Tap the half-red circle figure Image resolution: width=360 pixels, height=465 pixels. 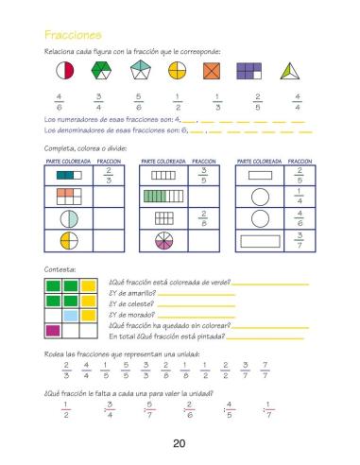coord(65,71)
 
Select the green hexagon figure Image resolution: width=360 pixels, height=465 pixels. coord(103,71)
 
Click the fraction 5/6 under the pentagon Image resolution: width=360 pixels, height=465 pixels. coord(139,100)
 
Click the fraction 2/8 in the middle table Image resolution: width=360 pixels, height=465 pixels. coord(203,218)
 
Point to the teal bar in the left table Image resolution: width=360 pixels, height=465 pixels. coord(65,175)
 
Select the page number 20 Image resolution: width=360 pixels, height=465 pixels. coord(180,443)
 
